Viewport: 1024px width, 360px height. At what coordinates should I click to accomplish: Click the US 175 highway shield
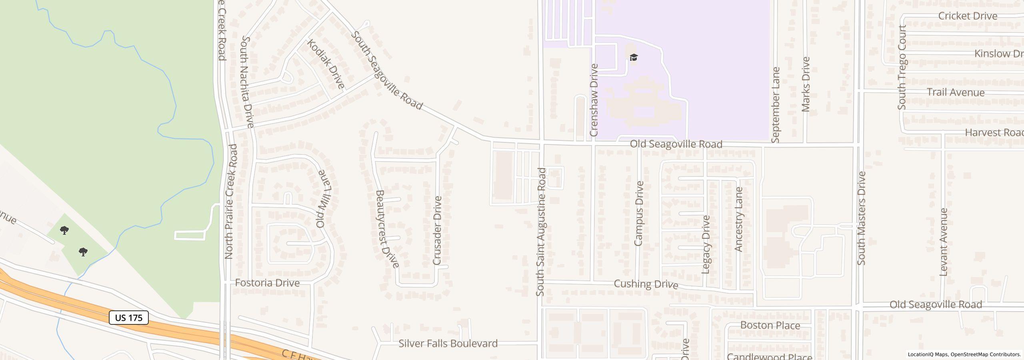tap(129, 318)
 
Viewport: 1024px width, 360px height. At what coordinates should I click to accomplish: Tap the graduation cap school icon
tap(634, 58)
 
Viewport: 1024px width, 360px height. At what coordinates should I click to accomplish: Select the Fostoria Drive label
tap(267, 283)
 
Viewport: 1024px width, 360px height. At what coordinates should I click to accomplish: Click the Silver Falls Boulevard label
tap(448, 344)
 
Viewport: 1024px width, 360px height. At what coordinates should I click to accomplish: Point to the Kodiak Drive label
tap(326, 64)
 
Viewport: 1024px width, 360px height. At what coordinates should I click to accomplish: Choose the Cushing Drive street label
tap(646, 284)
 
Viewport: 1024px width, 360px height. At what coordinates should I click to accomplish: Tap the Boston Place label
tap(770, 325)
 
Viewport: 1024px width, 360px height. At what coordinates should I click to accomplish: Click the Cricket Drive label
tap(967, 16)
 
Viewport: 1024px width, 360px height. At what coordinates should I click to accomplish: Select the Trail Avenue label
tap(956, 92)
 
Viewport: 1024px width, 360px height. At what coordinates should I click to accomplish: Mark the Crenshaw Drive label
tap(594, 100)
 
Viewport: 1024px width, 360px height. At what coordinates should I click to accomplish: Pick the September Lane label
tap(776, 105)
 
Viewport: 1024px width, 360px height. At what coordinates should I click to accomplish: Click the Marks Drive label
tap(806, 84)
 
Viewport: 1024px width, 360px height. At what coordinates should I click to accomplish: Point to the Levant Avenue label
tap(944, 242)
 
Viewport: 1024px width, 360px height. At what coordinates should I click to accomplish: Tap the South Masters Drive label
tap(862, 218)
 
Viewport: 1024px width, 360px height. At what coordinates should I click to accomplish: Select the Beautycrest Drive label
tap(387, 229)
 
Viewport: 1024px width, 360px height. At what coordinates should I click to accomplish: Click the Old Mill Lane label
tap(324, 199)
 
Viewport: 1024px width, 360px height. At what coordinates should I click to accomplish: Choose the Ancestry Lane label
tap(738, 219)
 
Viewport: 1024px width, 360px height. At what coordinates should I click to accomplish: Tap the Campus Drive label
tap(638, 213)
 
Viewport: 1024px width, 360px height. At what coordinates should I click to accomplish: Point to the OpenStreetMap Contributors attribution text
tap(986, 354)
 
